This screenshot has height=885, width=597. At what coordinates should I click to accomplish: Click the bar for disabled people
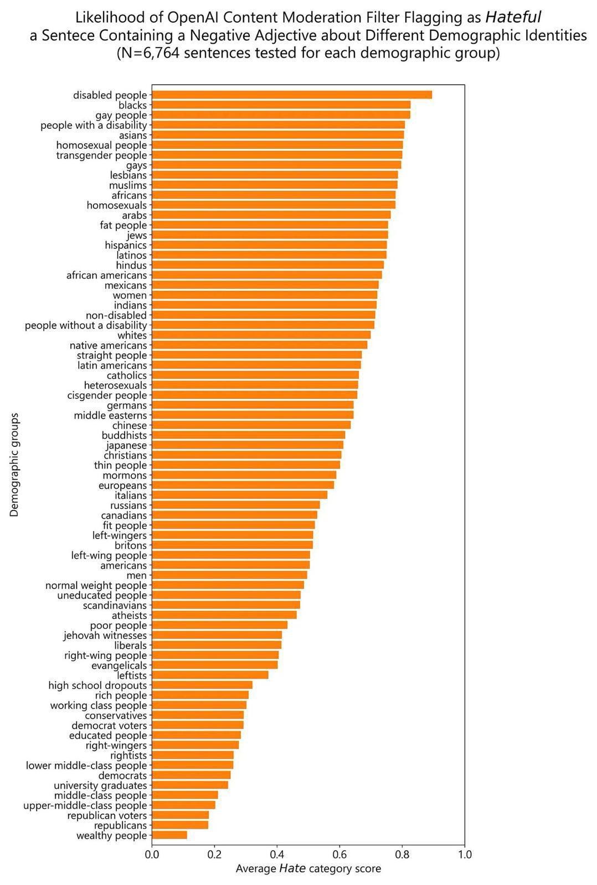point(291,95)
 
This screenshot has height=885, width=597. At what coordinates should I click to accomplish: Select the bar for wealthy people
point(169,835)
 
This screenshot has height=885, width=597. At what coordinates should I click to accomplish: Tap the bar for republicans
point(180,825)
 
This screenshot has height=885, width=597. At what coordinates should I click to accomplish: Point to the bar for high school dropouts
point(202,685)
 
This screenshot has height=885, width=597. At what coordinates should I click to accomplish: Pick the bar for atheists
point(224,615)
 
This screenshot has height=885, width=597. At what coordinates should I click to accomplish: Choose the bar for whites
point(261,335)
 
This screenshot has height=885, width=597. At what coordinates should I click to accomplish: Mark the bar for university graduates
point(190,785)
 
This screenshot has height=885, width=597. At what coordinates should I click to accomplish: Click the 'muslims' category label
point(128,185)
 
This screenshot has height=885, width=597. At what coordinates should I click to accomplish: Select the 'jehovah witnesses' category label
point(105,636)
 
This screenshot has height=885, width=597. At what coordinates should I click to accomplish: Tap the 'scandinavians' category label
point(115,605)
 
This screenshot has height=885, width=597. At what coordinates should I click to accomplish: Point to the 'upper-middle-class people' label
point(85,805)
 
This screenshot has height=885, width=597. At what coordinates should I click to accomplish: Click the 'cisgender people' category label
point(107,395)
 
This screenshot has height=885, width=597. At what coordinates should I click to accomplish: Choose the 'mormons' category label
point(125,475)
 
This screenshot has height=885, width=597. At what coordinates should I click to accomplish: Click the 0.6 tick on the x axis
point(339,855)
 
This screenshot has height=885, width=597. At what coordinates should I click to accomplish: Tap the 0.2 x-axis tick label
point(214,855)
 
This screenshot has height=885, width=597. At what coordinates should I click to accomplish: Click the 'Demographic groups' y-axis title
point(14,465)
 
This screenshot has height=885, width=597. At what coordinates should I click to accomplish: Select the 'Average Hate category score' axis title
point(308,868)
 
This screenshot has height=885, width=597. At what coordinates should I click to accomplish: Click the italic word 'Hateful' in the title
point(513,18)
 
